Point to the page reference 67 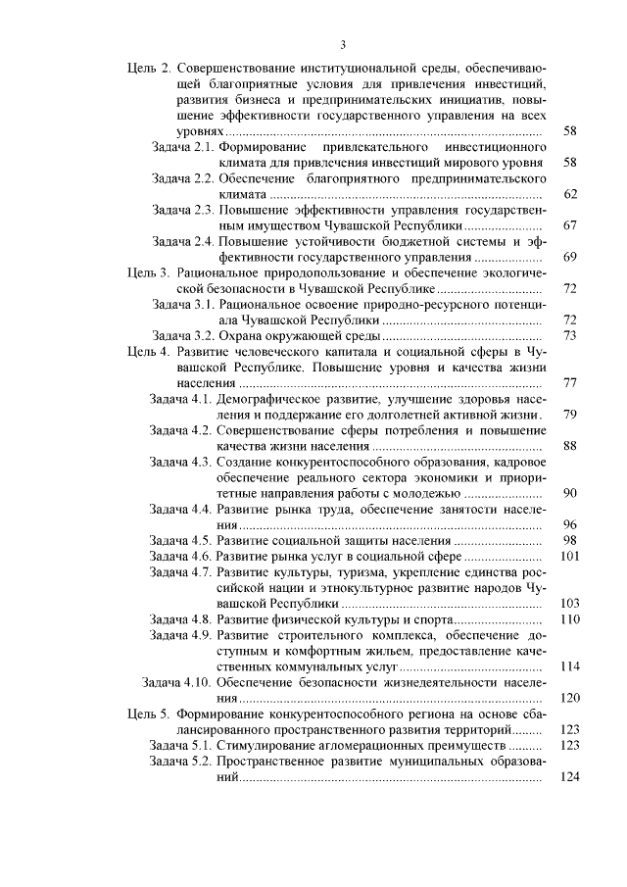pyautogui.click(x=571, y=225)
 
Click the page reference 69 pyautogui.click(x=571, y=257)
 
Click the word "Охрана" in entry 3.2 pyautogui.click(x=241, y=335)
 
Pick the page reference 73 pyautogui.click(x=571, y=335)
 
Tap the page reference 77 pyautogui.click(x=571, y=382)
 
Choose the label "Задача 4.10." pyautogui.click(x=177, y=682)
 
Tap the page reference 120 pyautogui.click(x=569, y=698)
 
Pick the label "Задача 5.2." pyautogui.click(x=181, y=762)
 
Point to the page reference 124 pyautogui.click(x=569, y=777)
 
